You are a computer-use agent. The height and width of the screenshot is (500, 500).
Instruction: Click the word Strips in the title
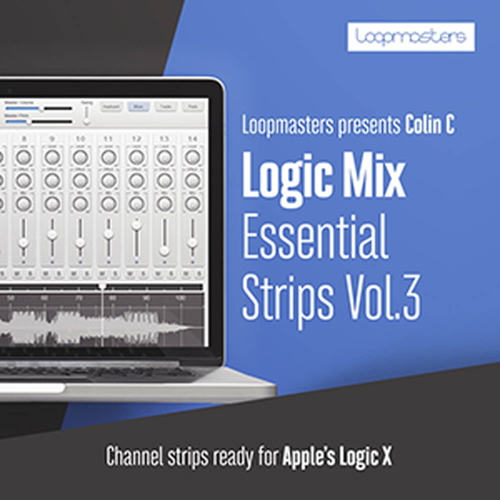[x=287, y=298]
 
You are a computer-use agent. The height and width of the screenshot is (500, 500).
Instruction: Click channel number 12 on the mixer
[x=136, y=138]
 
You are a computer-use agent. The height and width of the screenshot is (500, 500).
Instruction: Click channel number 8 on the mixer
[x=24, y=138]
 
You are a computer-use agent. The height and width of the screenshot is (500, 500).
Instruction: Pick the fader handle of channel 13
[x=164, y=250]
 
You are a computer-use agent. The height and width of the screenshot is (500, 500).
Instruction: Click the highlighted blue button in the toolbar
[x=138, y=107]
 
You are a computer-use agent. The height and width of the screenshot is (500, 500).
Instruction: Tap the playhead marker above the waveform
[x=102, y=286]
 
